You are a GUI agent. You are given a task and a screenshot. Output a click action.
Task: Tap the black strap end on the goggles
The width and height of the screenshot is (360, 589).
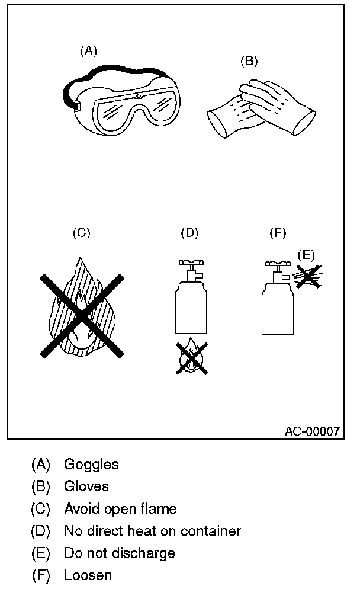(x=76, y=105)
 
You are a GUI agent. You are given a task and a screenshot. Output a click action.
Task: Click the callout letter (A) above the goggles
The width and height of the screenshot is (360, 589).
(x=88, y=51)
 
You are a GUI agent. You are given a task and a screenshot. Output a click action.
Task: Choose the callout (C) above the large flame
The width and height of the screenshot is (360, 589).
(x=81, y=233)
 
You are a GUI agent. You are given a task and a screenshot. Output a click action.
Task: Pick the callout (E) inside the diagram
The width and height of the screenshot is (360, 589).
(x=306, y=255)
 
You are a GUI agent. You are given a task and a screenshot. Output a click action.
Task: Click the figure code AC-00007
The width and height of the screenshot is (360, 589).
(x=312, y=431)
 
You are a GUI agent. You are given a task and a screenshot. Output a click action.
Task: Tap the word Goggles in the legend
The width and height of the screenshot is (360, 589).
(x=91, y=464)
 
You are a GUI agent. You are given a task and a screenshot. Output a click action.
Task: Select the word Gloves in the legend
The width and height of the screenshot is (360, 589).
(x=86, y=486)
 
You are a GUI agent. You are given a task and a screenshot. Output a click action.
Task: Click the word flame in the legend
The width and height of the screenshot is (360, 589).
(x=160, y=509)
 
